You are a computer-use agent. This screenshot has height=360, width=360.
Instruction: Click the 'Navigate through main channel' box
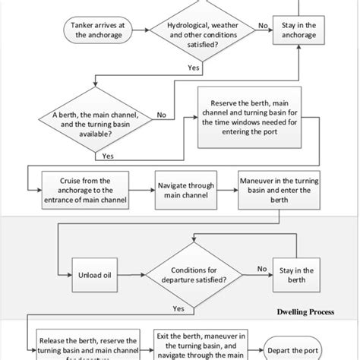point(186,190)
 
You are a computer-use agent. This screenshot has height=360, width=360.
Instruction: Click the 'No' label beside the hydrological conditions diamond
point(262,25)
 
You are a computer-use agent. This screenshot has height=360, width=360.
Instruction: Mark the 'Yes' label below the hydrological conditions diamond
point(194,68)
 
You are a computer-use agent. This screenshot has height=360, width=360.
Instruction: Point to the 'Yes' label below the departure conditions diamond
point(178,309)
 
